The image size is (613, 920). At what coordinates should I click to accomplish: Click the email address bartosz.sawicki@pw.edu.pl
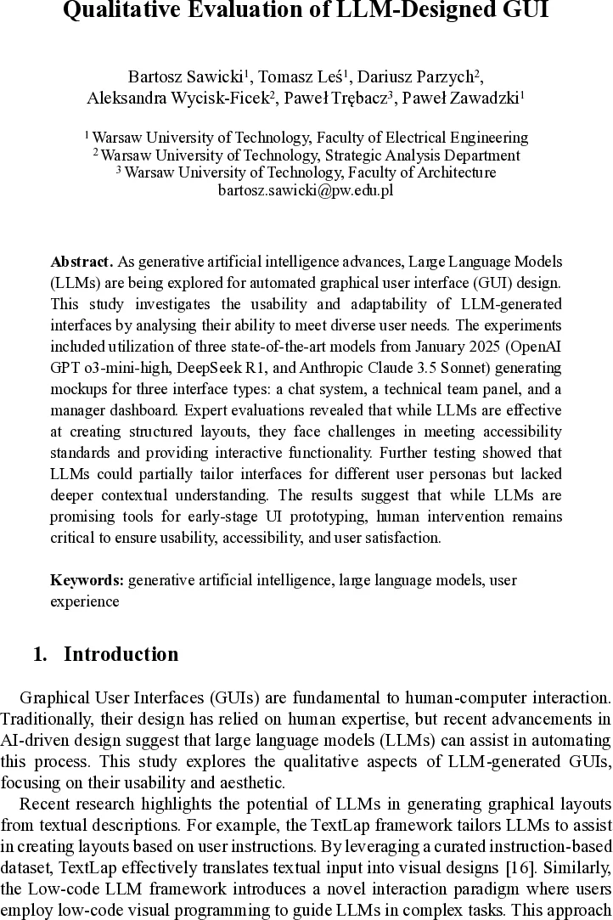tap(306, 190)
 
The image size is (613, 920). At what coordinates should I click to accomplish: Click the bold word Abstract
tap(81, 262)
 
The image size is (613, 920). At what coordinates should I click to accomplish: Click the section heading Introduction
tap(121, 654)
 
